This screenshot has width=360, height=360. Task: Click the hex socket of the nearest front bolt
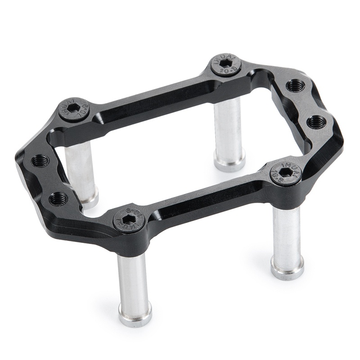click(128, 219)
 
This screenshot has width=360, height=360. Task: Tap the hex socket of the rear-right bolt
click(226, 65)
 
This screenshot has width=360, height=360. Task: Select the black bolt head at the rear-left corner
click(74, 109)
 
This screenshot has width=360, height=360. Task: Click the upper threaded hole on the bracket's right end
click(295, 85)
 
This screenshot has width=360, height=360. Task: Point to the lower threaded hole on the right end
click(316, 121)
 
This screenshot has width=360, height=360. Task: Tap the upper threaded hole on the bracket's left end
click(41, 160)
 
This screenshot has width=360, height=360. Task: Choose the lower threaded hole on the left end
click(58, 198)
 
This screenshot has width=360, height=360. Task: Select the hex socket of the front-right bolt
click(286, 172)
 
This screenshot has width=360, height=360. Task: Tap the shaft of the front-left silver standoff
click(133, 279)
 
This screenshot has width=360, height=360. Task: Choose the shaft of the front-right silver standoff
click(286, 234)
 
